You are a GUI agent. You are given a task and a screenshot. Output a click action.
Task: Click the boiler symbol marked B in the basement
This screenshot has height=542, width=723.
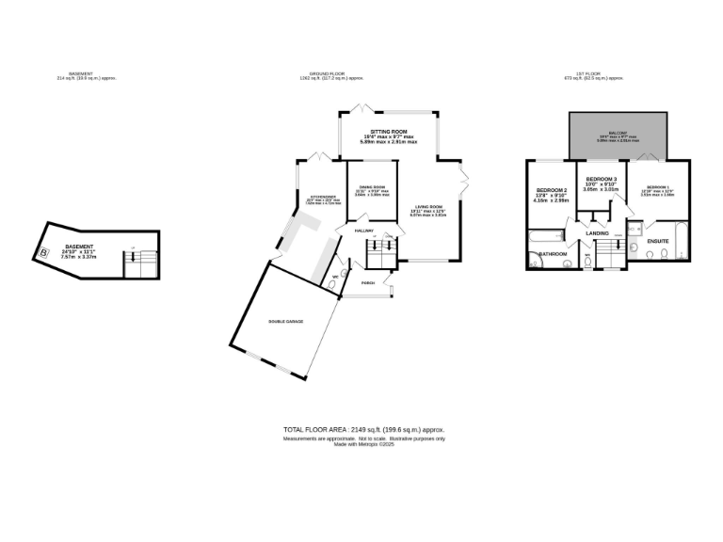[42, 252]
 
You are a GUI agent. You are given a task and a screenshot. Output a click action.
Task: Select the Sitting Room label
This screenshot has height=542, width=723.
[388, 132]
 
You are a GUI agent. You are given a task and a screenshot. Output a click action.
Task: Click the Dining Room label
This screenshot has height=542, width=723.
[372, 188]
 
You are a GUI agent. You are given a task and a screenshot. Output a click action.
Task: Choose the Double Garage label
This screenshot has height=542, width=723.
[286, 322]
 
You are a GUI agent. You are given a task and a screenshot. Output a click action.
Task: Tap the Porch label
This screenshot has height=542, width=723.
[367, 282]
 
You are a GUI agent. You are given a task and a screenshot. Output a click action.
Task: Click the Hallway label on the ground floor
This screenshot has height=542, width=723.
[364, 231]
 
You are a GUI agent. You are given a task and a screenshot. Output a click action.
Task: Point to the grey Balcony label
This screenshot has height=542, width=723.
[618, 134]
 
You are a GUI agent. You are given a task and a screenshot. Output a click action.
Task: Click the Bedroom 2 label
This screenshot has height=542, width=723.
[550, 190]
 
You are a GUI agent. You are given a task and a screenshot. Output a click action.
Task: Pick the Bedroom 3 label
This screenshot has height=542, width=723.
[601, 179]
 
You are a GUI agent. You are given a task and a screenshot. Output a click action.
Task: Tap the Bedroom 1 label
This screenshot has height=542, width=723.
[658, 187]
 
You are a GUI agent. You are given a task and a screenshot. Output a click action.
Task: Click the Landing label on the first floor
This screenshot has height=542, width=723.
[598, 232]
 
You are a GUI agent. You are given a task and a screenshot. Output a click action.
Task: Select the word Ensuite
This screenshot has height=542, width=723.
[657, 241]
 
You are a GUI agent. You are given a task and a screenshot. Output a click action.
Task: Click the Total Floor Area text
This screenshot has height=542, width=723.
[363, 429]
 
